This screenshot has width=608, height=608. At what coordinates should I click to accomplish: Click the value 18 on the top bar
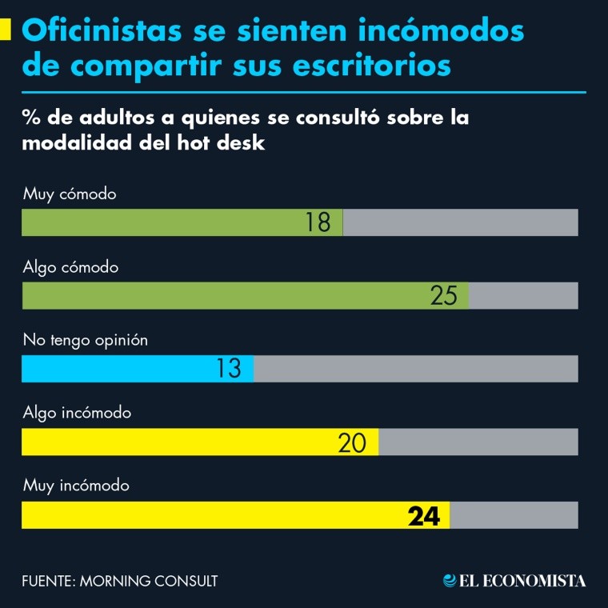coord(318,222)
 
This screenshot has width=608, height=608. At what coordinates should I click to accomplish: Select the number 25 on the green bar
coord(444,296)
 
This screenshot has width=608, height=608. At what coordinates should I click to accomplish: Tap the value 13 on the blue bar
coord(229,369)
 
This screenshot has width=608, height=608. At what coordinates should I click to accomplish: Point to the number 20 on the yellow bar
coord(352,442)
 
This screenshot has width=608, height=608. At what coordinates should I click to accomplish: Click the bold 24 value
coord(424,516)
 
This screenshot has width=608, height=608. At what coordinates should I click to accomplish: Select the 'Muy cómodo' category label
coord(70,194)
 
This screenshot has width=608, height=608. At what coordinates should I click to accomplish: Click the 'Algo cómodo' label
coord(70,267)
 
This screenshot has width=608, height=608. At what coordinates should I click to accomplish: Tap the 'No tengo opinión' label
coord(86,340)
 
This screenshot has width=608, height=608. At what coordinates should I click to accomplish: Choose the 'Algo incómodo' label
coord(77,414)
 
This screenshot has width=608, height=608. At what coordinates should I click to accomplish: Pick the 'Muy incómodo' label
coord(76,486)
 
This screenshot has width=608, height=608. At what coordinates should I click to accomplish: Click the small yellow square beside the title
coord(6,30)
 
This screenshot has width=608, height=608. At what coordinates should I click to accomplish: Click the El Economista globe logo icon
coord(450,581)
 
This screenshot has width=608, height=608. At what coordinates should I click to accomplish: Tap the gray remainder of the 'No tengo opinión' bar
coord(415,369)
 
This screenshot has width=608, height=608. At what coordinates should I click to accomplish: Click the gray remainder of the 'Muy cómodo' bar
coord(460,222)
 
